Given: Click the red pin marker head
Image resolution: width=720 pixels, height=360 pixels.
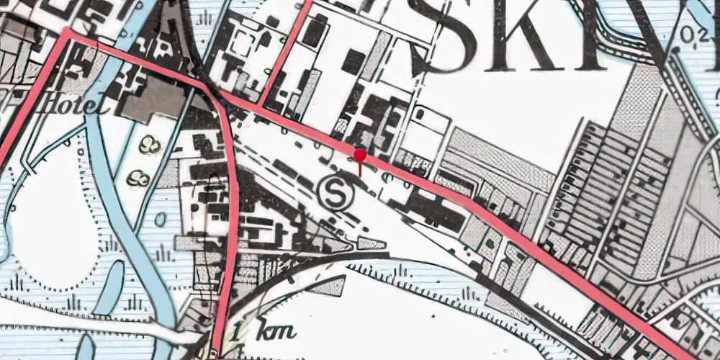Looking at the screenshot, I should pos(360,155).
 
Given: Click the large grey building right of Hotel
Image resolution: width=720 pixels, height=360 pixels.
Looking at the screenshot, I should pos(154,99).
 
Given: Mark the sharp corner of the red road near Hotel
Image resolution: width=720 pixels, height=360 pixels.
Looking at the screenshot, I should pos(67,33).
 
